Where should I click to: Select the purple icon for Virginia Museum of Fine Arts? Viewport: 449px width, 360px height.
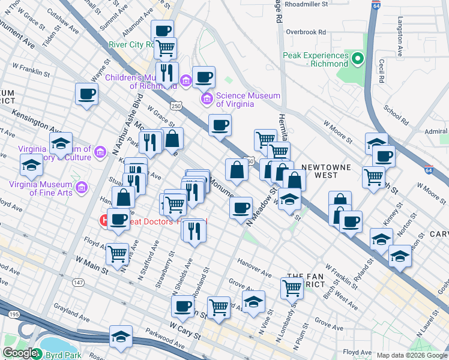(82, 188)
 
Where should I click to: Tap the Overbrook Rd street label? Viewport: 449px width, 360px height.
(306, 32)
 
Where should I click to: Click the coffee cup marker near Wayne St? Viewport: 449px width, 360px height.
(87, 94)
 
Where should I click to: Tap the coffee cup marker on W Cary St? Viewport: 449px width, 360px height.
(182, 306)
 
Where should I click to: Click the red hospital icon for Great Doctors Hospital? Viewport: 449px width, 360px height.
(104, 221)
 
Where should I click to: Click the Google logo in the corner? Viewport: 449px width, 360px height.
(20, 353)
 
